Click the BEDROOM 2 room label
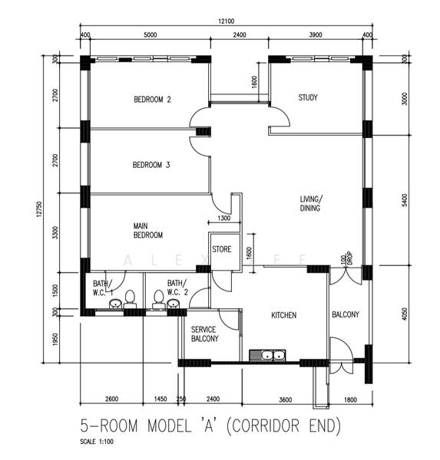click(152, 99)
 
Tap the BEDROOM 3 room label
click(151, 165)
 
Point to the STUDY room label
click(308, 97)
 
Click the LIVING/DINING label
click(311, 203)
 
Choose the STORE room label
click(222, 249)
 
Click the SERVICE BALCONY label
click(204, 333)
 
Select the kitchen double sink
click(268, 356)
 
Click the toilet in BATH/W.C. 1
click(130, 296)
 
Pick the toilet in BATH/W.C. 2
click(158, 296)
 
